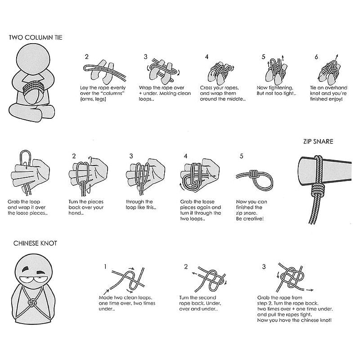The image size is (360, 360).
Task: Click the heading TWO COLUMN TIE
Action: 36,37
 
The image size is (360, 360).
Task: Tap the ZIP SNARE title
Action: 318,141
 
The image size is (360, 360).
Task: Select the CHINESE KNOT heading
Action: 35,243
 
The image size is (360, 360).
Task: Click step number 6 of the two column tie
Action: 316,57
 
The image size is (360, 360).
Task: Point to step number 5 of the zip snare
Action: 241,156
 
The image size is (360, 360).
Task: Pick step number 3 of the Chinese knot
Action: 264,266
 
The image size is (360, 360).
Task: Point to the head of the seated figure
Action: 33,58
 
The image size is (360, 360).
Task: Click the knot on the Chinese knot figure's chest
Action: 32,302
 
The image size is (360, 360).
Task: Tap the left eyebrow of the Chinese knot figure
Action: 26,269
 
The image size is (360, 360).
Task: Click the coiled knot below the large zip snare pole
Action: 317,189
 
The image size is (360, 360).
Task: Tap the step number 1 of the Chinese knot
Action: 105,266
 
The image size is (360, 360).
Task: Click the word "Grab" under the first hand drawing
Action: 13,202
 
